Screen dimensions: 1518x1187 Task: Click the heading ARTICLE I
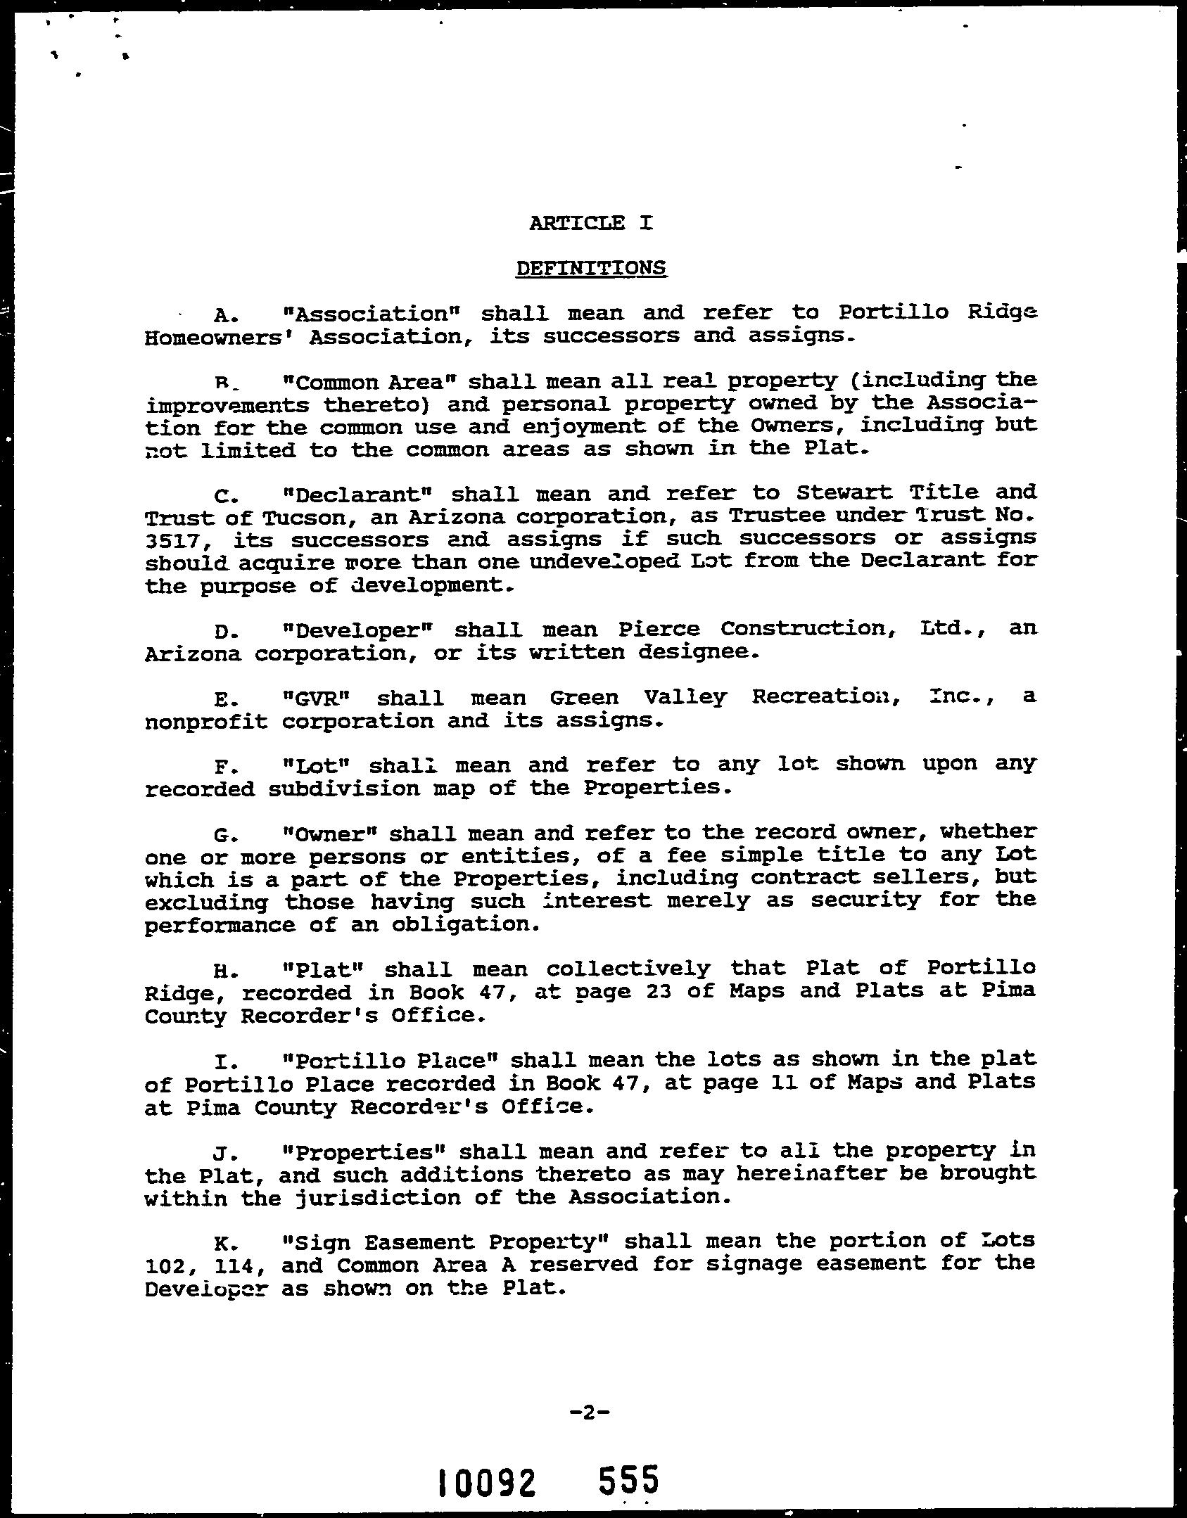pyautogui.click(x=591, y=223)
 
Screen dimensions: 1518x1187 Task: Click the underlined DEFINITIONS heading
pyautogui.click(x=591, y=268)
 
